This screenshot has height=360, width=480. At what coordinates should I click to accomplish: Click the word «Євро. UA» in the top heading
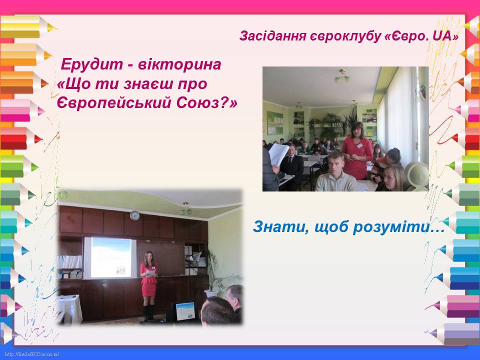click(421, 36)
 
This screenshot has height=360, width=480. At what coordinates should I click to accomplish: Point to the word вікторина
click(179, 64)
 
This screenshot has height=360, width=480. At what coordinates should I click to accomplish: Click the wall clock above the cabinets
click(134, 215)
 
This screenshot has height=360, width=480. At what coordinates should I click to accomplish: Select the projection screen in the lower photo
click(110, 257)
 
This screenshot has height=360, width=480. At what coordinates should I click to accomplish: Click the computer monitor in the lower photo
click(185, 311)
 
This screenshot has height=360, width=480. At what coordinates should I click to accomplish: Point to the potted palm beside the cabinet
click(217, 272)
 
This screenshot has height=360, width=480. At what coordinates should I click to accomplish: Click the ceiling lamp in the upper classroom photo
click(342, 76)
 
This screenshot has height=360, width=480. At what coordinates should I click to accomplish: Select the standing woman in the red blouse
click(356, 150)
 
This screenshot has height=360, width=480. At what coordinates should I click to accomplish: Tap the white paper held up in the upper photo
click(278, 154)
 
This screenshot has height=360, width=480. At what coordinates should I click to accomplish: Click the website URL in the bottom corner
click(32, 354)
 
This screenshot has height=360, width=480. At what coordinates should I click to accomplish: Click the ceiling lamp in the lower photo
click(185, 209)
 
